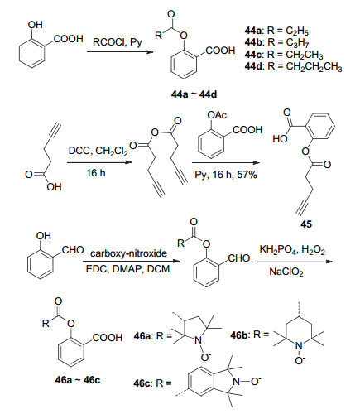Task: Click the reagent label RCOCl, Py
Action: [118, 42]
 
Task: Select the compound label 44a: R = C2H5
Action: [276, 31]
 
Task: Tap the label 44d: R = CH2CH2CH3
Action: [293, 67]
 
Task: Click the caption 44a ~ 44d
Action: [194, 94]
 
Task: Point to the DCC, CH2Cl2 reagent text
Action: [98, 152]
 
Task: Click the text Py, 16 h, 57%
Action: [226, 175]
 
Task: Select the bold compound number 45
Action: [306, 224]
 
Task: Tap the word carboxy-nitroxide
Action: [128, 253]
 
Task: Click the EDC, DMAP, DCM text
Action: [127, 269]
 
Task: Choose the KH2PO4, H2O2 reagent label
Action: [292, 250]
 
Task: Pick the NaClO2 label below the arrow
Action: [286, 272]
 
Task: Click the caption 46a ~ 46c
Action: [78, 380]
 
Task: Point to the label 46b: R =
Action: [249, 335]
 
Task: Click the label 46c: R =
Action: [152, 383]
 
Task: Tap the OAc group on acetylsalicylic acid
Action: [217, 115]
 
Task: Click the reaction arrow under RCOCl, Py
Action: [120, 52]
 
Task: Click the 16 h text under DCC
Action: [96, 173]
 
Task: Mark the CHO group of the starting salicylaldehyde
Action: [73, 250]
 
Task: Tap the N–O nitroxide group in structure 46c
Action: [247, 382]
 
